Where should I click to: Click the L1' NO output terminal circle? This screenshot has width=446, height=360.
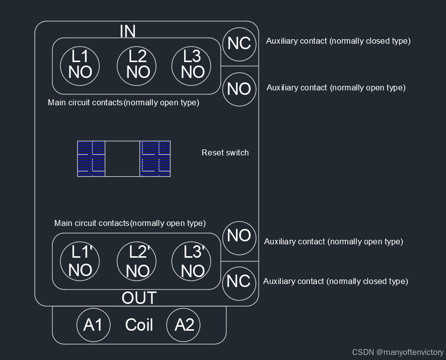(x=80, y=262)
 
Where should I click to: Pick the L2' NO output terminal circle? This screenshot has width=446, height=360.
(x=137, y=262)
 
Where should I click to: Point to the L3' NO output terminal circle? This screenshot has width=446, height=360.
(x=192, y=262)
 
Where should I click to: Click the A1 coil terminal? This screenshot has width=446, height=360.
(x=93, y=325)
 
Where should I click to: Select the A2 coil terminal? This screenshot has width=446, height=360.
(x=184, y=325)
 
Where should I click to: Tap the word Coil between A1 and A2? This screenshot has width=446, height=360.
(x=139, y=325)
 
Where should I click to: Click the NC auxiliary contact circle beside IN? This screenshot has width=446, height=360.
(x=239, y=44)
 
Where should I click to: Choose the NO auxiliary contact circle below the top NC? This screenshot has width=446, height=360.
(x=239, y=89)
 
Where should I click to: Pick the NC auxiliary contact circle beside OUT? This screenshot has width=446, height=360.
(x=239, y=282)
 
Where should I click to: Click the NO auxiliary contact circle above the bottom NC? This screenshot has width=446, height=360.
(x=239, y=235)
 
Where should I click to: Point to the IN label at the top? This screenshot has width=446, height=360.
(x=127, y=31)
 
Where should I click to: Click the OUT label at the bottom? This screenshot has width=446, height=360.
(x=139, y=298)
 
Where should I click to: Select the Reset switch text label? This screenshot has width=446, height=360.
(x=225, y=152)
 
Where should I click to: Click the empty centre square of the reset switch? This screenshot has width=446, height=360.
(x=123, y=158)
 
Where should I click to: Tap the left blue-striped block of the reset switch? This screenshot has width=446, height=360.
(x=91, y=158)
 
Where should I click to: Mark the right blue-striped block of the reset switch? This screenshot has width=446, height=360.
(x=155, y=158)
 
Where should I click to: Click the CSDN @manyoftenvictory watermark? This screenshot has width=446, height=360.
(x=398, y=352)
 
